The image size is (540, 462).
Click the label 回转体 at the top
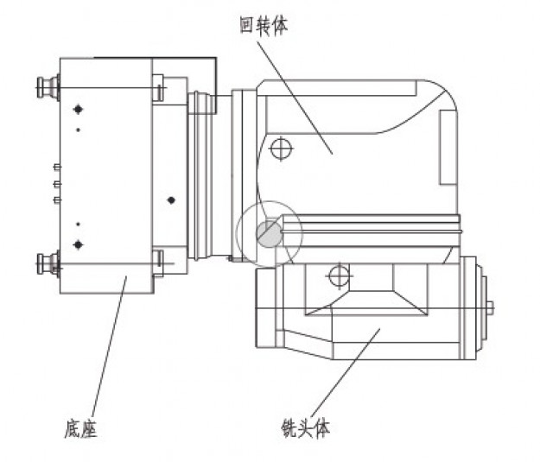click(x=264, y=26)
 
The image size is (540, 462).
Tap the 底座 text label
click(x=81, y=428)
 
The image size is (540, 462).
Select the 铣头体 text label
click(x=306, y=428)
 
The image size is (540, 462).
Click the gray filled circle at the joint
click(x=270, y=234)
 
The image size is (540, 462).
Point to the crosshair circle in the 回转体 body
click(x=281, y=149)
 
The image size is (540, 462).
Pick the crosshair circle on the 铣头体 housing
click(x=340, y=275)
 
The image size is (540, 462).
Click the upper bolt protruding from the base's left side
click(x=48, y=87)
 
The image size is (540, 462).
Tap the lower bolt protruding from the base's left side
click(x=48, y=263)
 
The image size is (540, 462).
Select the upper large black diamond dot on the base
click(x=78, y=110)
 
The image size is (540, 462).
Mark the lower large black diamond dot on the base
click(x=78, y=244)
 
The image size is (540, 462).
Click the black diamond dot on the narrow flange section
click(x=171, y=200)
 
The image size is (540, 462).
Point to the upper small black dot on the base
click(x=78, y=130)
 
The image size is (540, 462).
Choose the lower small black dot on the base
click(x=78, y=225)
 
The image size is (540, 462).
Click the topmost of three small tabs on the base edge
click(x=58, y=167)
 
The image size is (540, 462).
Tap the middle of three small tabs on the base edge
click(x=58, y=185)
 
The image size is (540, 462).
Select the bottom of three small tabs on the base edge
click(x=58, y=199)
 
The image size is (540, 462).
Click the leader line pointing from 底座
click(x=109, y=346)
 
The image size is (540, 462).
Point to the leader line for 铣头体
click(x=345, y=373)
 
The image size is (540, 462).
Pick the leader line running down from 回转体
click(x=295, y=98)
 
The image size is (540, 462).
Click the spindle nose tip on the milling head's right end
click(x=490, y=307)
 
